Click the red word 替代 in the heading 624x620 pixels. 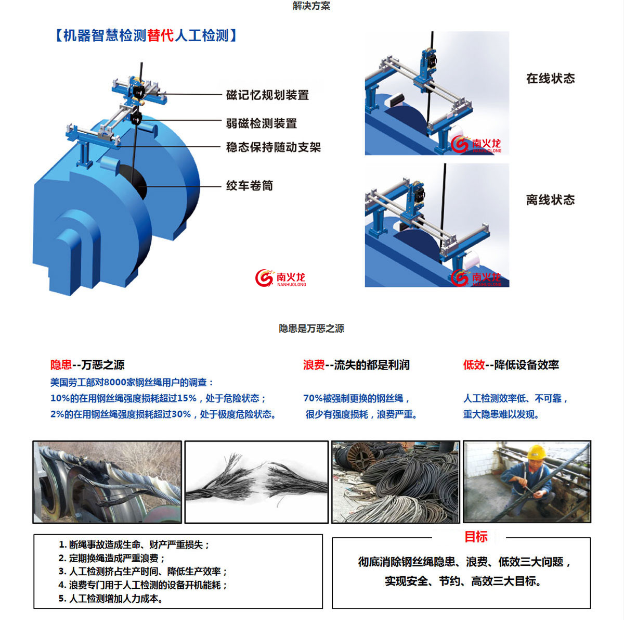click(x=161, y=35)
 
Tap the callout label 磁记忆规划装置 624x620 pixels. click(x=267, y=95)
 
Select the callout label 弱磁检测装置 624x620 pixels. click(x=262, y=123)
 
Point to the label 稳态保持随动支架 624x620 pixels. click(x=274, y=147)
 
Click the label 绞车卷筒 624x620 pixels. click(x=250, y=185)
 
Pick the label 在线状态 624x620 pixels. click(x=551, y=78)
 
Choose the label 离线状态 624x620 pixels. click(x=551, y=200)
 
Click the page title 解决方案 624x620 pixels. click(x=311, y=6)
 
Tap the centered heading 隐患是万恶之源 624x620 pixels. click(x=311, y=328)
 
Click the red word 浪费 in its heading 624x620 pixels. click(x=314, y=365)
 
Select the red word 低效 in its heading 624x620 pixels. click(x=474, y=365)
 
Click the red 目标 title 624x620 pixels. click(x=476, y=537)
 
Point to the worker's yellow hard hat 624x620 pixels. click(x=536, y=452)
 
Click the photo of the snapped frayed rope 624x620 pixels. click(x=256, y=482)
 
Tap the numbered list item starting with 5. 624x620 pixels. click(x=111, y=598)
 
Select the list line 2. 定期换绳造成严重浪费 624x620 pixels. click(x=112, y=558)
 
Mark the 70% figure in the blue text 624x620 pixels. click(x=313, y=398)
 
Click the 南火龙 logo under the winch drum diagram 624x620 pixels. click(x=280, y=278)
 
